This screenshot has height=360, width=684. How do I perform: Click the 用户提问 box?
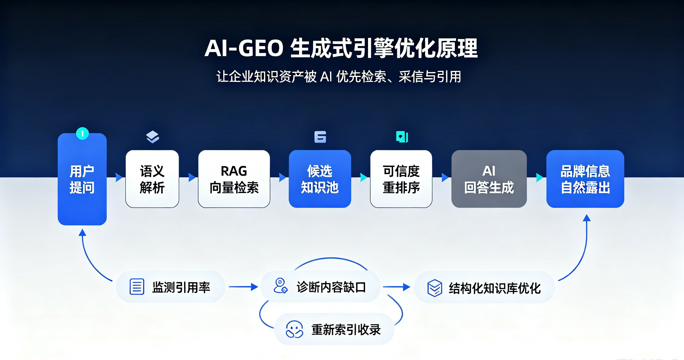click(82, 179)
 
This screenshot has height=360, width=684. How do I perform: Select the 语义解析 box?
click(152, 179)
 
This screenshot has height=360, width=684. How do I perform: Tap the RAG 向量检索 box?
click(234, 179)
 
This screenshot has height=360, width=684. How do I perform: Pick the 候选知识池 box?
click(320, 179)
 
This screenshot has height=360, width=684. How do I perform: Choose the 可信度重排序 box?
click(401, 179)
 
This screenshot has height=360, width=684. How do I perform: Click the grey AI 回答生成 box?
click(489, 179)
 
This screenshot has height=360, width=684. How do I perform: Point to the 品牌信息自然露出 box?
click(585, 179)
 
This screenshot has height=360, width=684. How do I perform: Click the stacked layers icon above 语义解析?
click(152, 137)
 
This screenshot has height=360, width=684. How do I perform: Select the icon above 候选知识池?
click(320, 137)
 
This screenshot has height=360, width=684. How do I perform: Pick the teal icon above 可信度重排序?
click(402, 137)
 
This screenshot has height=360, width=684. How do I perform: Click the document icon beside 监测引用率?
click(137, 287)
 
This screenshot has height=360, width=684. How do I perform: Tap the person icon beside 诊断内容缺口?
click(280, 286)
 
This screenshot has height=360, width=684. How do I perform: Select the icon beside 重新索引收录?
click(294, 329)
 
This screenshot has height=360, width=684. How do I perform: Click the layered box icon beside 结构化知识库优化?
click(435, 288)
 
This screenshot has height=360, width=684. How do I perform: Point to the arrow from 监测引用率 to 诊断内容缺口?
click(243, 287)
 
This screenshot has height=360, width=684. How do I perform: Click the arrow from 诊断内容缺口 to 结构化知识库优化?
click(396, 287)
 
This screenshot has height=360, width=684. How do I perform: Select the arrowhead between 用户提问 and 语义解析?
click(119, 177)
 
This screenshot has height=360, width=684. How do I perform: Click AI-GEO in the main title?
click(244, 48)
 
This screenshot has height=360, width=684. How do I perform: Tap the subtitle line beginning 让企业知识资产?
click(339, 77)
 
